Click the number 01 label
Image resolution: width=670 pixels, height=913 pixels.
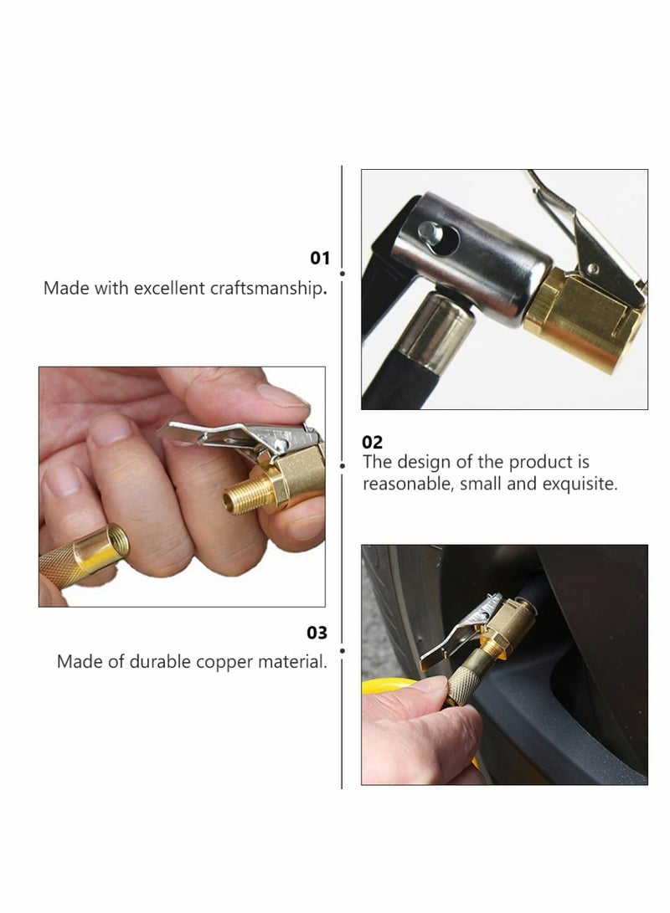[320, 259]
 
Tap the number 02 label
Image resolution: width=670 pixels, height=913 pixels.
[372, 442]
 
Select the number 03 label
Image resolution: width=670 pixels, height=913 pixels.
[317, 633]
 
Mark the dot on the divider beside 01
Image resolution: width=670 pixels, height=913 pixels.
[342, 272]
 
